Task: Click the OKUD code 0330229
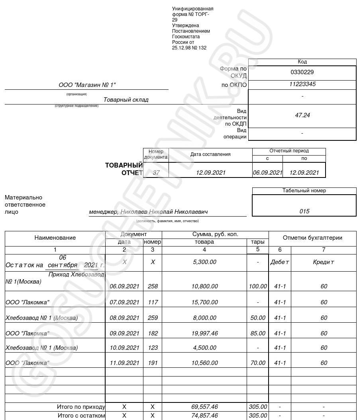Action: [x=302, y=72]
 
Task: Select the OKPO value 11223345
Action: [x=302, y=84]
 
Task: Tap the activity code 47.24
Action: [x=302, y=115]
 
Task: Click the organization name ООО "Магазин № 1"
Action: [x=87, y=85]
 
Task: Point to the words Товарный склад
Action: [x=126, y=100]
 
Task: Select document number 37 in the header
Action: [x=156, y=173]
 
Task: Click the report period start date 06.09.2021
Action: [x=267, y=173]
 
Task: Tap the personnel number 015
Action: [x=304, y=211]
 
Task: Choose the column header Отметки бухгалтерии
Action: [x=312, y=238]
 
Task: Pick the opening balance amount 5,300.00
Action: [x=204, y=262]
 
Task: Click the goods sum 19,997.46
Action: [x=204, y=333]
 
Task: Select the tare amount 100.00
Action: [x=258, y=286]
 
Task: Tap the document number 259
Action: [x=153, y=318]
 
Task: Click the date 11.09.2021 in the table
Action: [x=124, y=363]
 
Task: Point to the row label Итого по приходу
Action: [x=81, y=407]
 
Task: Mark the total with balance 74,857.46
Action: [x=204, y=416]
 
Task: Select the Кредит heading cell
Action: [x=324, y=262]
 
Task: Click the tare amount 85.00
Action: [x=258, y=333]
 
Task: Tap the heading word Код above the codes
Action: [x=302, y=62]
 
